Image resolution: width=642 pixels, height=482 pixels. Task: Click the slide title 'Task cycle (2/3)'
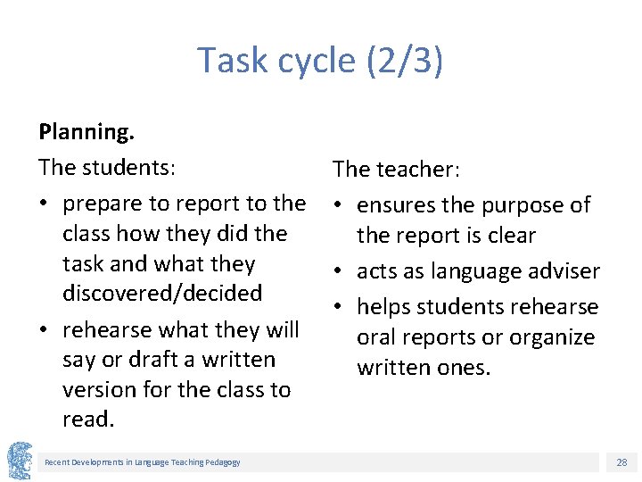(320, 61)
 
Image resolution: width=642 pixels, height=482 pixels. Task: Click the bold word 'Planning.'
(86, 132)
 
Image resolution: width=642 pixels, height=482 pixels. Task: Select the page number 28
(621, 462)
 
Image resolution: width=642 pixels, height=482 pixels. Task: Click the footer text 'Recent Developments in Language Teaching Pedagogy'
(143, 461)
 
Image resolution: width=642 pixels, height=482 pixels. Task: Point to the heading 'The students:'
(107, 168)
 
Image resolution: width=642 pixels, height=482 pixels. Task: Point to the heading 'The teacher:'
(396, 169)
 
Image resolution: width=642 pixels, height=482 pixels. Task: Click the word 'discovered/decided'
(162, 294)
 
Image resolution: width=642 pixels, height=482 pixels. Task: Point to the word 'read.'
(88, 420)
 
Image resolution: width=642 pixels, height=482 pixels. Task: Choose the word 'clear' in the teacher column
(509, 236)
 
